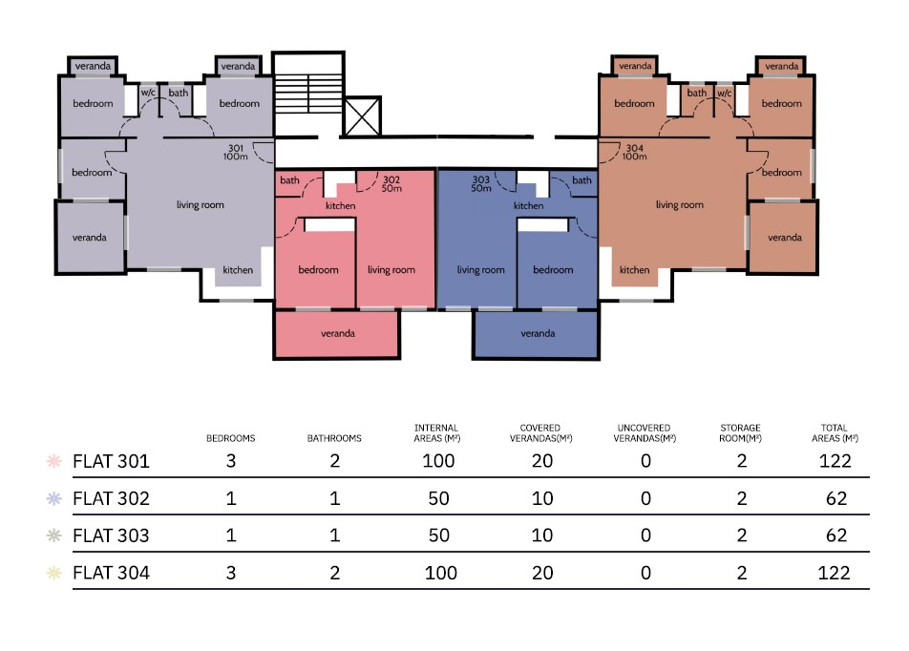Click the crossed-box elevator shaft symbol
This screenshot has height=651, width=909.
[362, 115]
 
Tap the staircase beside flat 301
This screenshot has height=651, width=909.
[308, 94]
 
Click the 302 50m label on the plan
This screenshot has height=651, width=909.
[391, 184]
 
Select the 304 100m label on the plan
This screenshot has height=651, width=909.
[635, 152]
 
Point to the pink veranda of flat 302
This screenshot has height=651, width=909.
[337, 334]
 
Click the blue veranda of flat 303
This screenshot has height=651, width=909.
[537, 334]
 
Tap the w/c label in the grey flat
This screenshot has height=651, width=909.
[148, 93]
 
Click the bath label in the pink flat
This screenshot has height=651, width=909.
[290, 180]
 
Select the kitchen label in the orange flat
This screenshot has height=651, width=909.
[634, 269]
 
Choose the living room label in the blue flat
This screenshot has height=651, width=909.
[480, 269]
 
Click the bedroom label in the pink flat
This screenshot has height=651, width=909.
[318, 269]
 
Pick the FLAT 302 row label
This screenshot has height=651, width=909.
[112, 498]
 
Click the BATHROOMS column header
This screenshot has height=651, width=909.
[334, 438]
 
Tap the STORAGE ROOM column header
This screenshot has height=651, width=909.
[740, 433]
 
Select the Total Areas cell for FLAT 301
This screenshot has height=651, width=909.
[835, 461]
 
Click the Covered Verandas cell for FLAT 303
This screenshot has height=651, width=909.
[542, 535]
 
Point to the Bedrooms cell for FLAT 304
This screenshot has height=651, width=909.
[231, 573]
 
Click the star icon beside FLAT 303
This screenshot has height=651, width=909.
[53, 535]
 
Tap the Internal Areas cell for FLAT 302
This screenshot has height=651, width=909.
[439, 498]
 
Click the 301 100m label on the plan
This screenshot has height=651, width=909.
[235, 152]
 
